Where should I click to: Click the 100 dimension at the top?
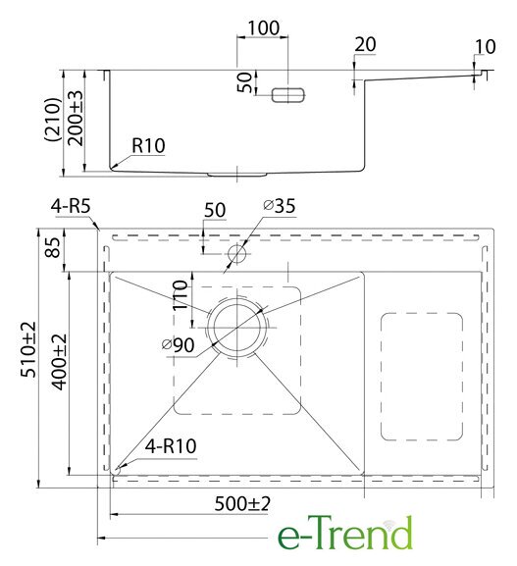point(264,28)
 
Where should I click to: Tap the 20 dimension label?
point(365,45)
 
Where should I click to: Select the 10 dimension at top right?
point(485,46)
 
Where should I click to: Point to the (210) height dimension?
point(53,120)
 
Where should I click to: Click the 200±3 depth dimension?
point(76,118)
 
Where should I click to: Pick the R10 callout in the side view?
point(148,146)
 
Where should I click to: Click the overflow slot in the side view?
point(288,95)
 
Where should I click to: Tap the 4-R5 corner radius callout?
point(71,207)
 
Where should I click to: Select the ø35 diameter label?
point(280,206)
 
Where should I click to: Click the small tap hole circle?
point(237,253)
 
